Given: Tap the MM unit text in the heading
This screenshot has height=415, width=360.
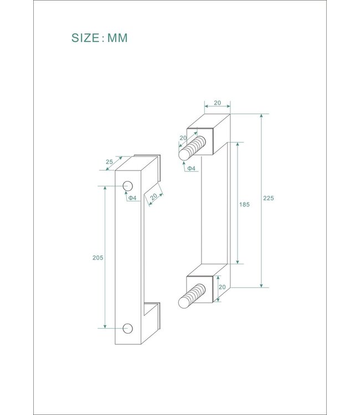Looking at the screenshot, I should [x=117, y=38].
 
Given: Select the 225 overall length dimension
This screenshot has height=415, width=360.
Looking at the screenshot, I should [x=269, y=198].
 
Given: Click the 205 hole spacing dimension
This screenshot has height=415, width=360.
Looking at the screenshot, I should [x=98, y=258].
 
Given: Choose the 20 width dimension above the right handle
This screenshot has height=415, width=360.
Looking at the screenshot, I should [x=217, y=103].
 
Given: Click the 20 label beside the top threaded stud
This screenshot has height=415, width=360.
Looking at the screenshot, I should [x=183, y=138].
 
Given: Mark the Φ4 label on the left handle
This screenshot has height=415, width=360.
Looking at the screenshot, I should [x=132, y=198].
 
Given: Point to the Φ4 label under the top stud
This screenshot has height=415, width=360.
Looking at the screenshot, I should [x=191, y=168].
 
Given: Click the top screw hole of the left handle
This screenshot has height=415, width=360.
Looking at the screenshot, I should [x=128, y=185].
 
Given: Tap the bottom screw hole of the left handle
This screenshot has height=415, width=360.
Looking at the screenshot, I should [x=128, y=328].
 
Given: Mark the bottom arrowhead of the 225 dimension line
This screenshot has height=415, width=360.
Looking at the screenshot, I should [x=261, y=286].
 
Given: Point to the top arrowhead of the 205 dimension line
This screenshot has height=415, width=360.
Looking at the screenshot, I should [x=105, y=188].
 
